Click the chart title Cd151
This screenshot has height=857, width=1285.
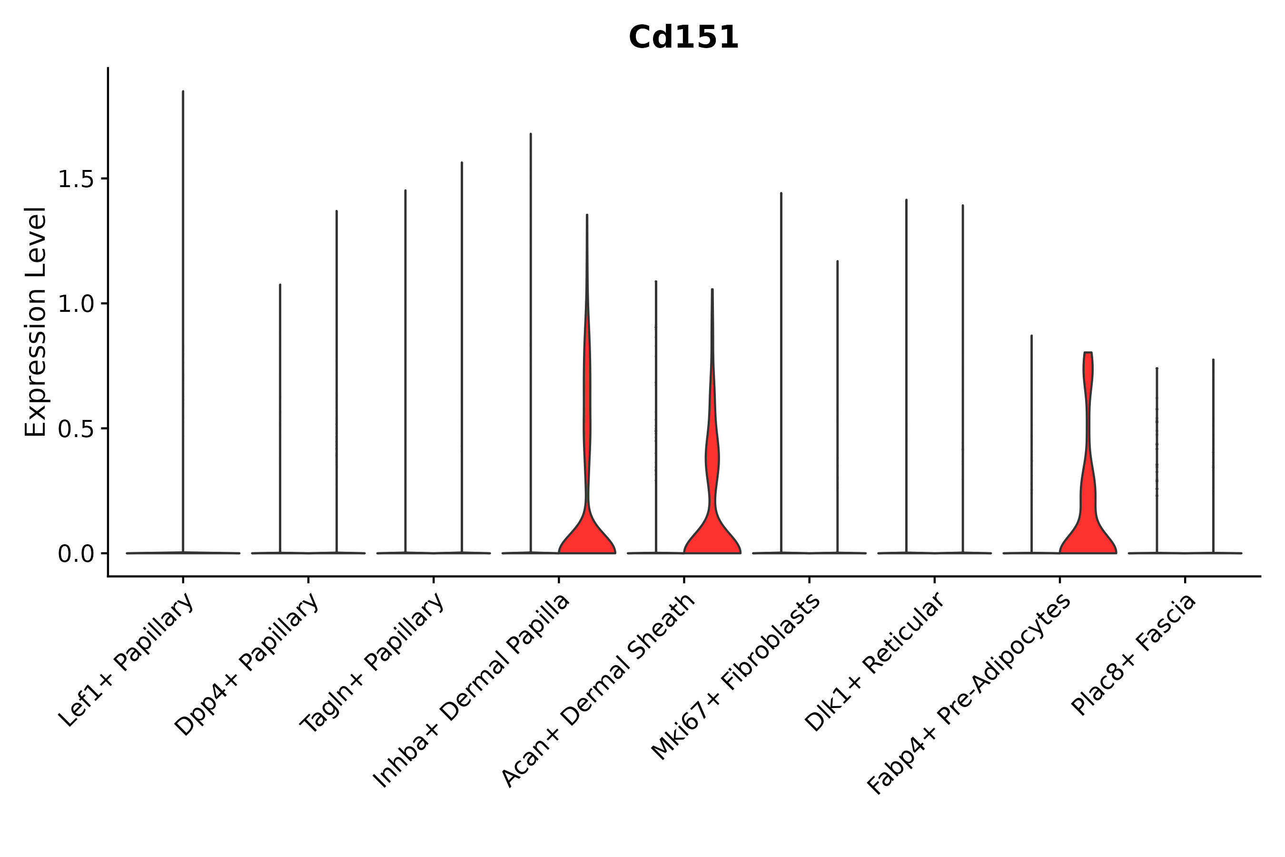coord(683,38)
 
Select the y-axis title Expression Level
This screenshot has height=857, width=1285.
coord(36,321)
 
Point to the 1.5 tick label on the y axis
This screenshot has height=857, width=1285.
coord(75,179)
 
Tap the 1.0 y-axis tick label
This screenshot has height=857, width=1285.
coord(75,304)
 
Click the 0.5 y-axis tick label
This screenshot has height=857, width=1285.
coord(75,429)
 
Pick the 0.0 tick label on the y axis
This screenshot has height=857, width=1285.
coord(75,554)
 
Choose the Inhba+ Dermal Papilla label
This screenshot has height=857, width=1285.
coord(472,691)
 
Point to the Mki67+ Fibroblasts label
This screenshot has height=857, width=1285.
coord(736,677)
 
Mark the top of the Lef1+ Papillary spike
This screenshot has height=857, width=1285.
coord(183,92)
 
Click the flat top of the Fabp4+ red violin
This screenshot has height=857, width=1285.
coord(1088,353)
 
